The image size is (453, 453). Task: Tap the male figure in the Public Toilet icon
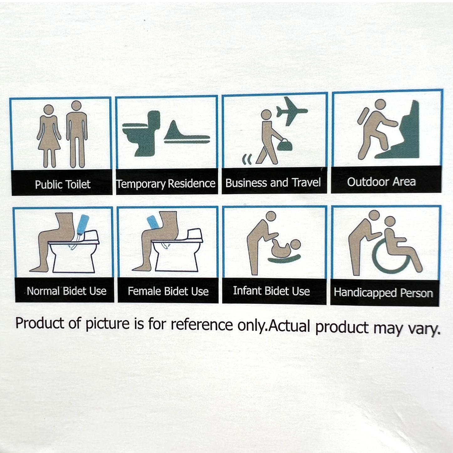coord(76,133)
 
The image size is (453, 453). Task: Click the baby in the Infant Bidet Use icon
coord(284,248)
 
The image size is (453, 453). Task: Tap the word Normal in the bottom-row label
coord(43,291)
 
